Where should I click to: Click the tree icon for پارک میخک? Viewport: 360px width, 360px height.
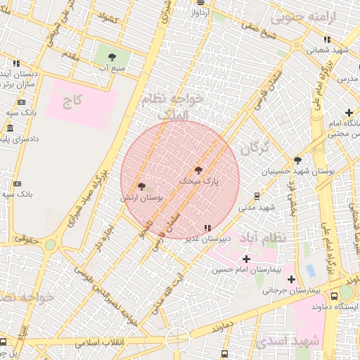click(x=198, y=170)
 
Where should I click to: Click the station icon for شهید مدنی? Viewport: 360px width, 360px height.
click(x=257, y=196)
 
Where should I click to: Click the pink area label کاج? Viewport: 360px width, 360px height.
click(x=72, y=101)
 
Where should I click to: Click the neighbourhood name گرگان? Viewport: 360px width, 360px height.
click(x=255, y=148)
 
